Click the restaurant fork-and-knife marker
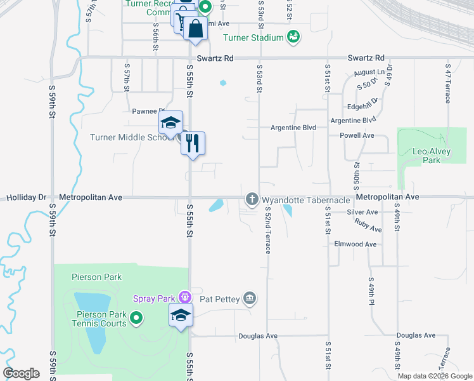193,143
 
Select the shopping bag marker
196,29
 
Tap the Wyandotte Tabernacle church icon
252,200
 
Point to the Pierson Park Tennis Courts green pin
136,317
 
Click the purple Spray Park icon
185,297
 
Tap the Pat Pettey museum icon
250,298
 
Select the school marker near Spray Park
181,316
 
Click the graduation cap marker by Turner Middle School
170,123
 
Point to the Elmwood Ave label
355,244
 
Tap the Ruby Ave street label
368,225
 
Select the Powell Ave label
357,135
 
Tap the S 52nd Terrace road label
268,230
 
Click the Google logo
22,373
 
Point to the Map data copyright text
434,376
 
